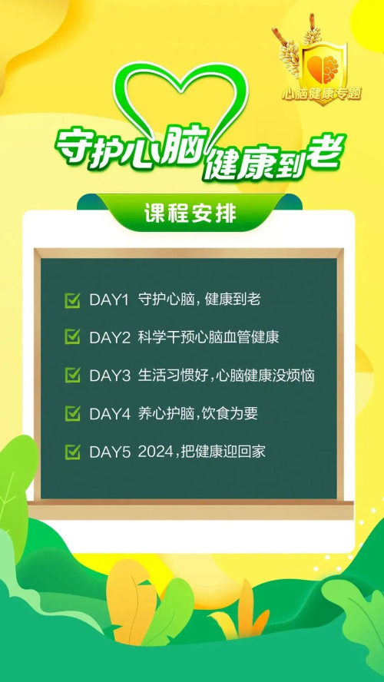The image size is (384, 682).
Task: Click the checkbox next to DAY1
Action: tap(73, 300)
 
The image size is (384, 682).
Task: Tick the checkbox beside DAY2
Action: tap(73, 337)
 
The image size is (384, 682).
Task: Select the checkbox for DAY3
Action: tap(73, 376)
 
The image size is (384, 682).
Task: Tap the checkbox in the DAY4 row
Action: tap(73, 414)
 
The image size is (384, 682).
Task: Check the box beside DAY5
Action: tap(73, 452)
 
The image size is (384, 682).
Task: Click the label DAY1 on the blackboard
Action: tap(109, 300)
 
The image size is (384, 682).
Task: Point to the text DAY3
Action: tap(110, 376)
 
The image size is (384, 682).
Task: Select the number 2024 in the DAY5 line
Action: tap(155, 452)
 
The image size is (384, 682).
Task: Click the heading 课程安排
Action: tap(190, 214)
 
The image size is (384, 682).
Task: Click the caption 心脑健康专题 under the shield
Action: tap(322, 94)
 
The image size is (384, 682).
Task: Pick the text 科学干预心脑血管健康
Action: tap(209, 337)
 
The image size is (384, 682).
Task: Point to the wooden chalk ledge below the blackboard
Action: tap(190, 510)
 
